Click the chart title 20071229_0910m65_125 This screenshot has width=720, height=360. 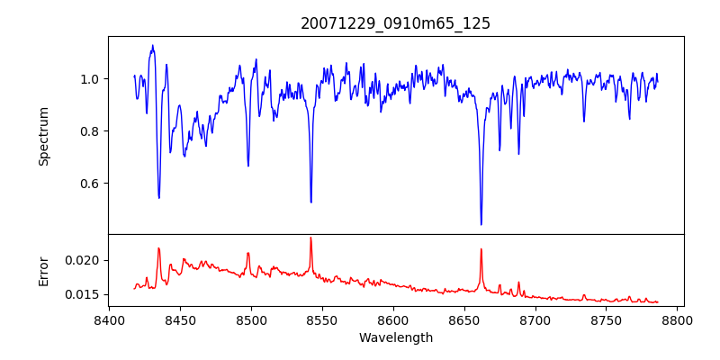[395, 23]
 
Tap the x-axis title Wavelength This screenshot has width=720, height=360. [395, 337]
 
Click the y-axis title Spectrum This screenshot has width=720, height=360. [43, 136]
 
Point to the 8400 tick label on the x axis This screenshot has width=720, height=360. [109, 319]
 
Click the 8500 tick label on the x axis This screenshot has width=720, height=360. [251, 319]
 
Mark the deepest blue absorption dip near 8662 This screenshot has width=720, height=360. [481, 224]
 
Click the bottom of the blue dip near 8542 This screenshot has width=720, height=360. [311, 202]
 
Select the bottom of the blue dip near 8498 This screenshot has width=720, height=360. [248, 166]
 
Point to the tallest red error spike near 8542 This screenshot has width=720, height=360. [310, 238]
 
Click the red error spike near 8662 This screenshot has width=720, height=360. [481, 249]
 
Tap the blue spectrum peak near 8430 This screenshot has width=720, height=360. [152, 46]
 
